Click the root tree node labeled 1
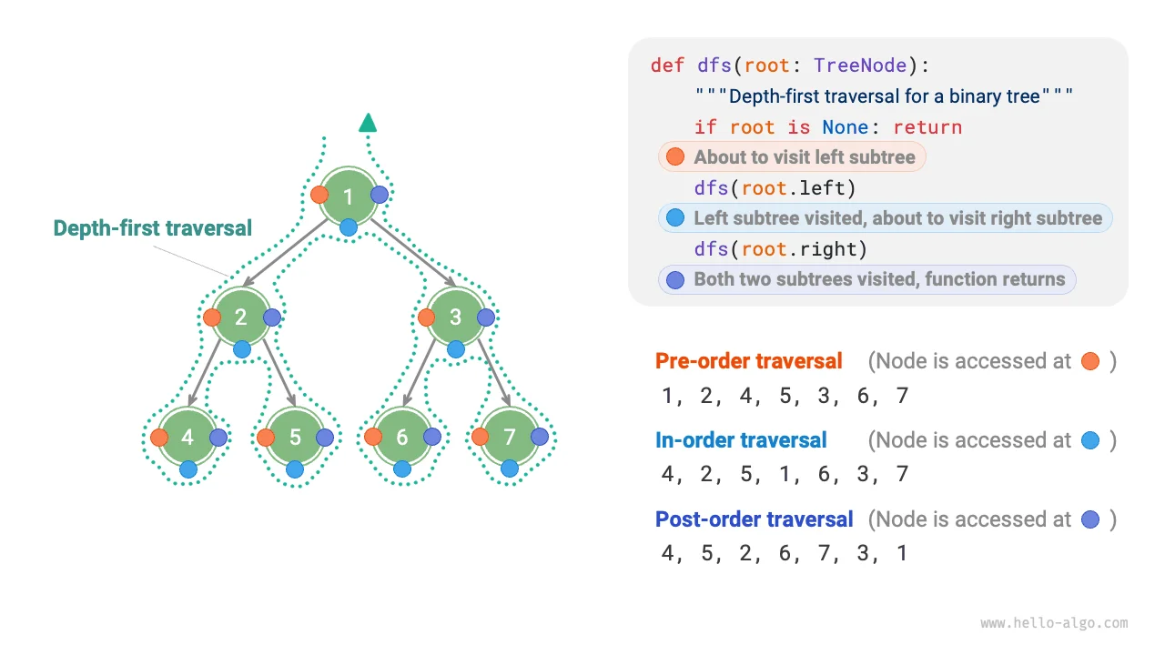(349, 196)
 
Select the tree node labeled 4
(187, 438)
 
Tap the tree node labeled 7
(510, 438)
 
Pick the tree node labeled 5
(295, 438)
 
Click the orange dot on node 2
(212, 317)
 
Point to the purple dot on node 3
(486, 317)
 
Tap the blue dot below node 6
(402, 469)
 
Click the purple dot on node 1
(380, 194)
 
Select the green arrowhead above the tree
(368, 123)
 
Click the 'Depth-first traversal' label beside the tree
(153, 228)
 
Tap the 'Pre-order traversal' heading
(748, 361)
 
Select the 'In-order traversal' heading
(741, 440)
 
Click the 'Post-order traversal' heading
(754, 519)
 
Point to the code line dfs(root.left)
(775, 188)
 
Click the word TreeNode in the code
(860, 65)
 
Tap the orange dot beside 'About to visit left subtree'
(674, 157)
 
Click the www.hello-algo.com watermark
(1054, 623)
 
